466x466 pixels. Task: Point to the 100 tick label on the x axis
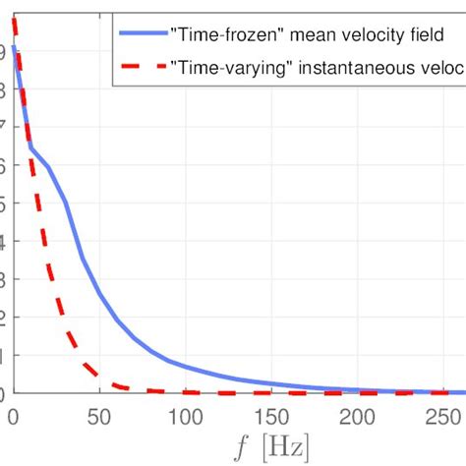(x=184, y=417)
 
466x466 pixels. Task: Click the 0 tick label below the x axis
(x=14, y=417)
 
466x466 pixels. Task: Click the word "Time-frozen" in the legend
(x=219, y=31)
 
